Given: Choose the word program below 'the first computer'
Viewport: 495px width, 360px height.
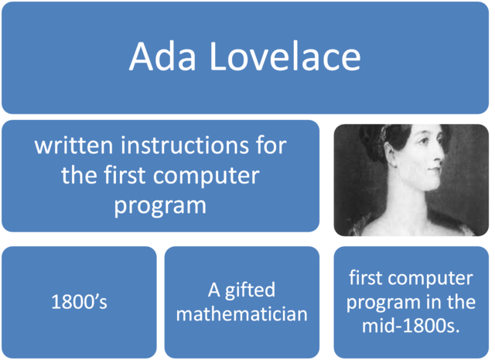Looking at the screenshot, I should point(160,205).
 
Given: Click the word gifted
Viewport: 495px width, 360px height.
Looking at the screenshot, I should point(252,290).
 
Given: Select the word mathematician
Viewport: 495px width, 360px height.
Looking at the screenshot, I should point(241,314).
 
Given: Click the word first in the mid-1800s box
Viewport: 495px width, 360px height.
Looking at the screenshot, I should point(373,277).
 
